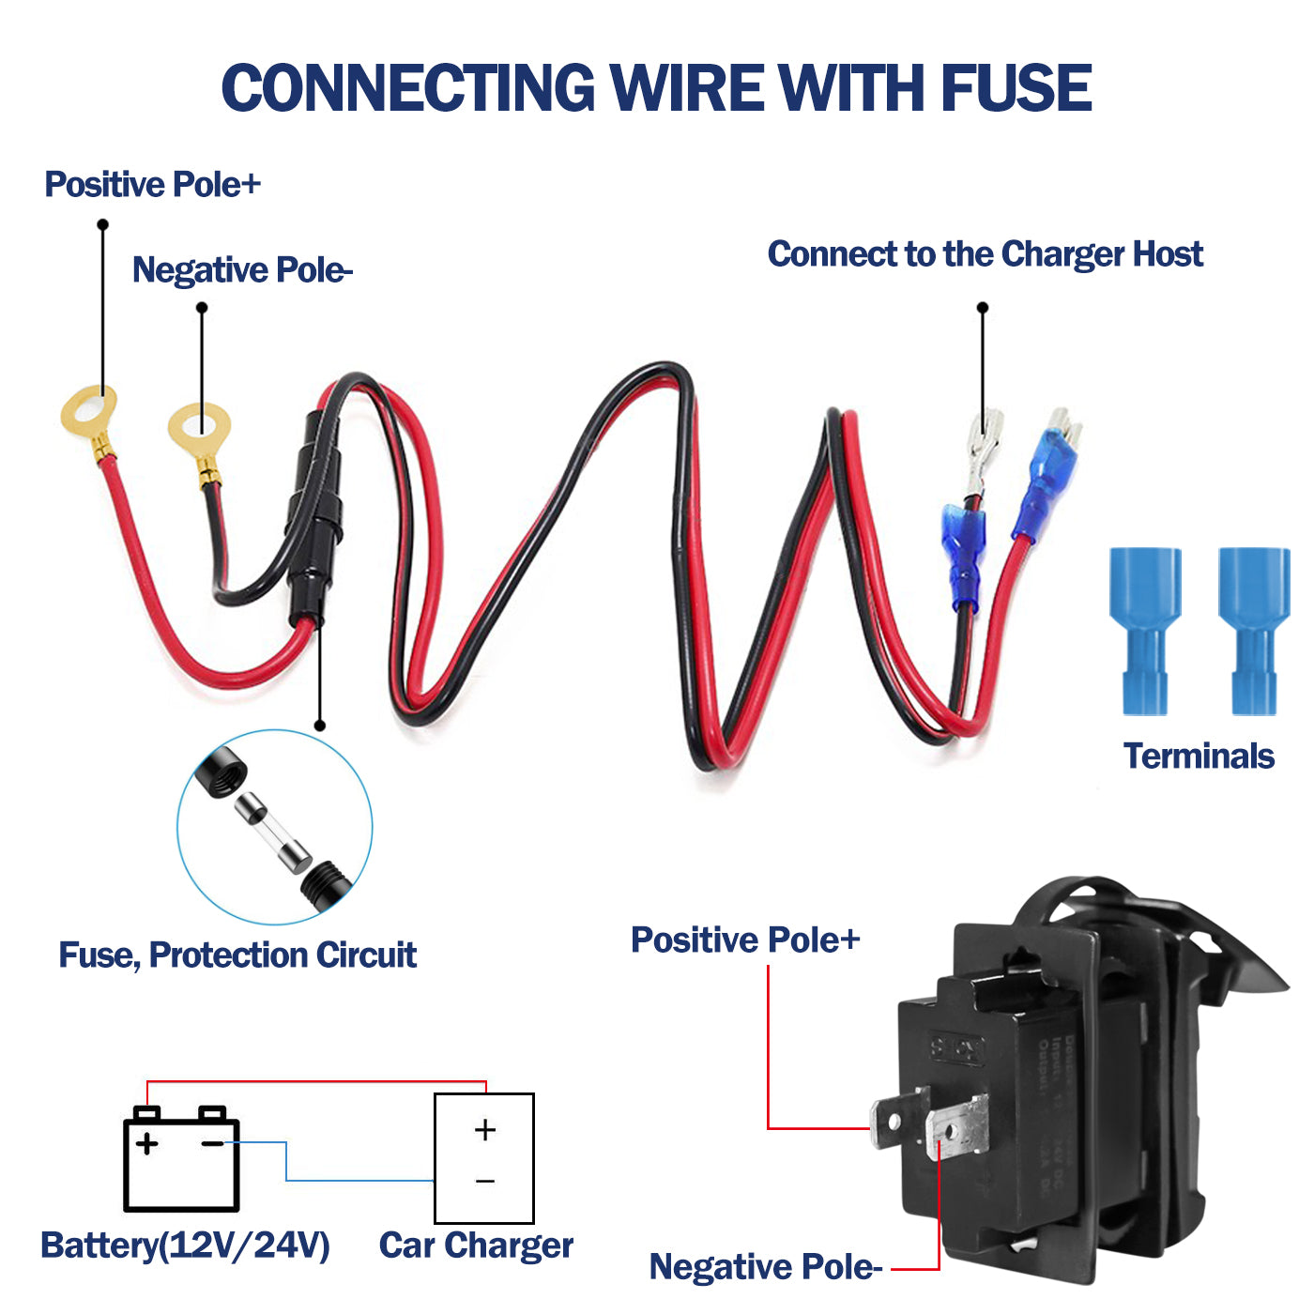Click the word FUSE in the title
tap(1016, 88)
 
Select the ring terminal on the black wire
tap(199, 429)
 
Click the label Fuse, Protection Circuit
tap(237, 955)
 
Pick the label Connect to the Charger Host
tap(985, 254)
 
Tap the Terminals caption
tap(1199, 756)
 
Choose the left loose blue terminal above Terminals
tap(1145, 629)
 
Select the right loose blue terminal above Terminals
tap(1254, 629)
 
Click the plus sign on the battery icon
tap(146, 1143)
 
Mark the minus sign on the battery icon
tap(213, 1143)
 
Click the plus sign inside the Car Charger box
tap(484, 1129)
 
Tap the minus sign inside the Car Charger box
tap(484, 1181)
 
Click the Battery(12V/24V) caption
tap(185, 1245)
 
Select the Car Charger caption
tap(476, 1245)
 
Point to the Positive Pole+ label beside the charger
tap(745, 940)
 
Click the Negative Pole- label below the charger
tap(765, 1266)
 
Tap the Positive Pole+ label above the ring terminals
tap(152, 184)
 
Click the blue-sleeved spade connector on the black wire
tap(963, 554)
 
